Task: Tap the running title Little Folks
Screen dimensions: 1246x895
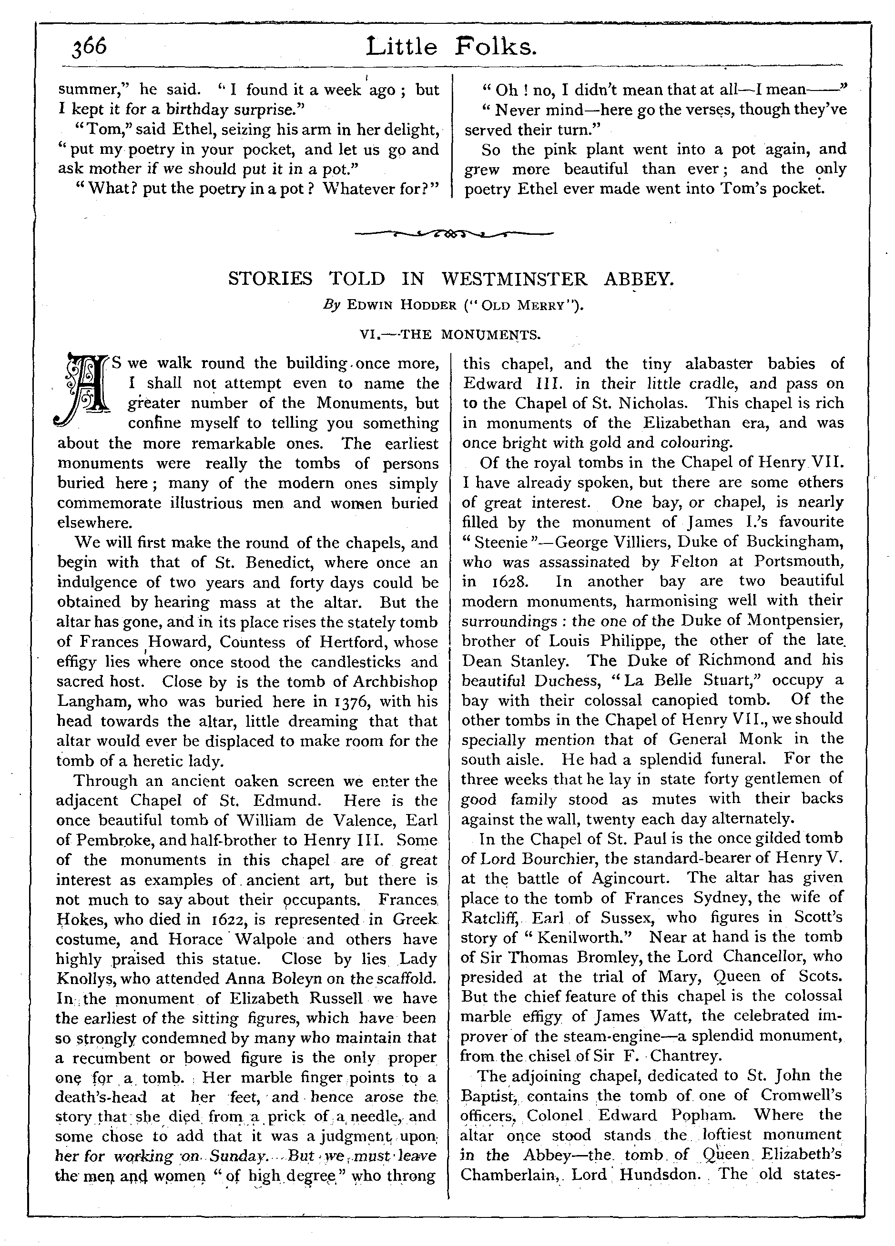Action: click(x=451, y=47)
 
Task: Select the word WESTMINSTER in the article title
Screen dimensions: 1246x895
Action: click(x=515, y=279)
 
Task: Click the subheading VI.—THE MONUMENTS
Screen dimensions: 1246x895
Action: click(x=450, y=334)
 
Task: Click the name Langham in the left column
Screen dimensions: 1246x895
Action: click(x=92, y=702)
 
